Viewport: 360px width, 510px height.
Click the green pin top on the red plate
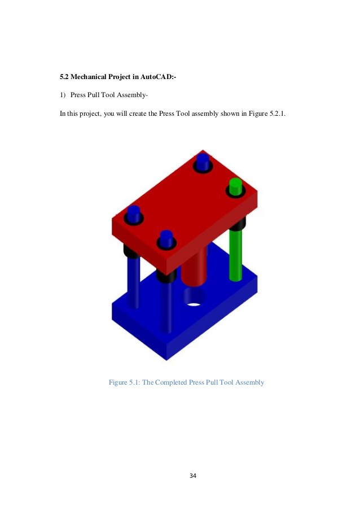coord(235,185)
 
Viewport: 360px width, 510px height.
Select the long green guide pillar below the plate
coord(236,254)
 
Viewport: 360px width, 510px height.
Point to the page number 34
coord(193,476)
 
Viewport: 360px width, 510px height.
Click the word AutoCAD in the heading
coord(163,76)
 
